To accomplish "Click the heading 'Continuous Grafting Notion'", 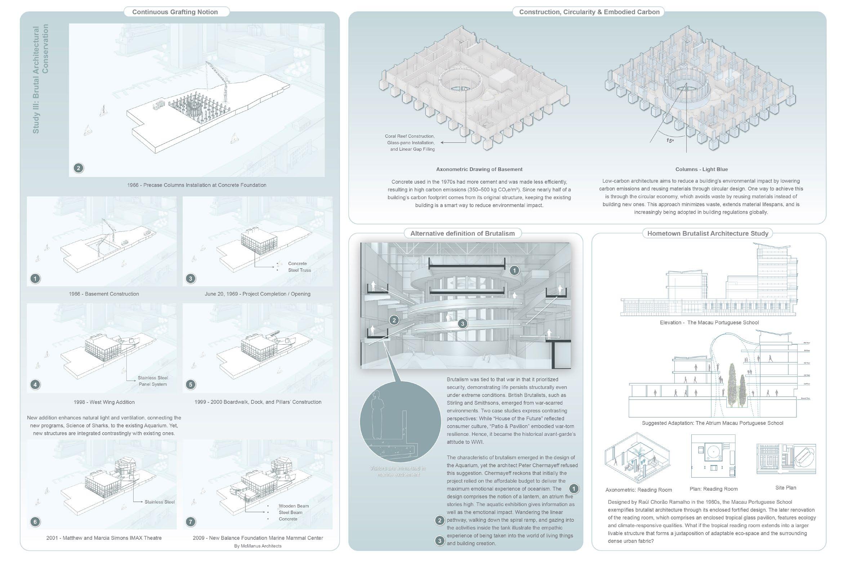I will [175, 12].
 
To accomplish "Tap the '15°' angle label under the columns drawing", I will [669, 140].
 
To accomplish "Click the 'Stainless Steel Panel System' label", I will [153, 381].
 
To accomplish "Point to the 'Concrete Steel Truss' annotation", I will [299, 267].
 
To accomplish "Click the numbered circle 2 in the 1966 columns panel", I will [79, 168].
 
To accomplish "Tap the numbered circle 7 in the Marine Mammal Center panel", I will [191, 521].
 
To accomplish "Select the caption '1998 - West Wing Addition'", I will [104, 402].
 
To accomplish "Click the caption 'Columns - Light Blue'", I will [701, 169].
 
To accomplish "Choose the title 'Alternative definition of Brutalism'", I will [463, 233].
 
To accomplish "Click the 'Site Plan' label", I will [786, 488].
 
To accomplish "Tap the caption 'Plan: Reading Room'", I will [713, 489].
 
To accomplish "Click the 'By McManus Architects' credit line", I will [258, 546].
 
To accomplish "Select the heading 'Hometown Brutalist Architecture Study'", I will [708, 233].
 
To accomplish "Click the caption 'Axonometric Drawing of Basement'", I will [479, 169].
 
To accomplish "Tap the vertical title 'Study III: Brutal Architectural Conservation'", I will [40, 79].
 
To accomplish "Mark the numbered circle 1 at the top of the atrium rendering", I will [514, 270].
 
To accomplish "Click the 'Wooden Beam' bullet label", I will [294, 506].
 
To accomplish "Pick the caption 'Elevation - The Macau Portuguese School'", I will [709, 322].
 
